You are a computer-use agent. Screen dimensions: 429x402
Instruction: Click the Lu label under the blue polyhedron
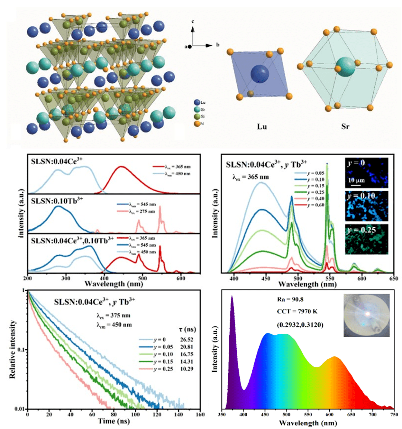click(x=262, y=127)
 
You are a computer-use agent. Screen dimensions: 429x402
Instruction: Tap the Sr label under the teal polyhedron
click(x=345, y=127)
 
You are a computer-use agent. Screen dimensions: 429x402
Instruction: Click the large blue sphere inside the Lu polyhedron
click(x=259, y=74)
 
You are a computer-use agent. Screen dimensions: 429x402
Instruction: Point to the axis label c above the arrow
click(x=193, y=22)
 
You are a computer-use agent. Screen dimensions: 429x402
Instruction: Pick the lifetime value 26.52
click(x=186, y=339)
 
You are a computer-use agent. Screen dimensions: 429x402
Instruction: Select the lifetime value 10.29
click(x=186, y=369)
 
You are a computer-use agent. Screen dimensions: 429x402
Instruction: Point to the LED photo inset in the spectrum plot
click(x=366, y=315)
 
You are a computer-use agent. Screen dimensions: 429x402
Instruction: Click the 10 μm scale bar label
click(x=356, y=181)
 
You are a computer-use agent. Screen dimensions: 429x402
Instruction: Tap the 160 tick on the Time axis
click(x=200, y=415)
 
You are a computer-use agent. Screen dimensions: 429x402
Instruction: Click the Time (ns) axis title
click(x=114, y=421)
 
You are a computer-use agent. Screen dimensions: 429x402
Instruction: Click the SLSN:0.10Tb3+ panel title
click(x=57, y=201)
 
